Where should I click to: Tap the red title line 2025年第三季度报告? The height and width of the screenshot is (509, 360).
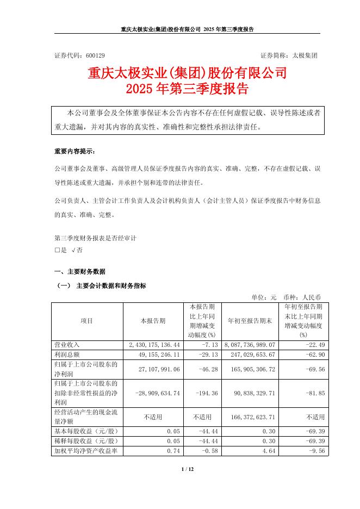(187, 88)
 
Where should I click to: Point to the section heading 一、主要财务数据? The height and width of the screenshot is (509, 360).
(80, 271)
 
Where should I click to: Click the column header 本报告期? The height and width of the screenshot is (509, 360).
(153, 321)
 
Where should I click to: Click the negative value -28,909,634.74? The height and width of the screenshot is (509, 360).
(157, 391)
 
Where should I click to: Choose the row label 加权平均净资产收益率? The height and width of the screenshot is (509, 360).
(86, 451)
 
